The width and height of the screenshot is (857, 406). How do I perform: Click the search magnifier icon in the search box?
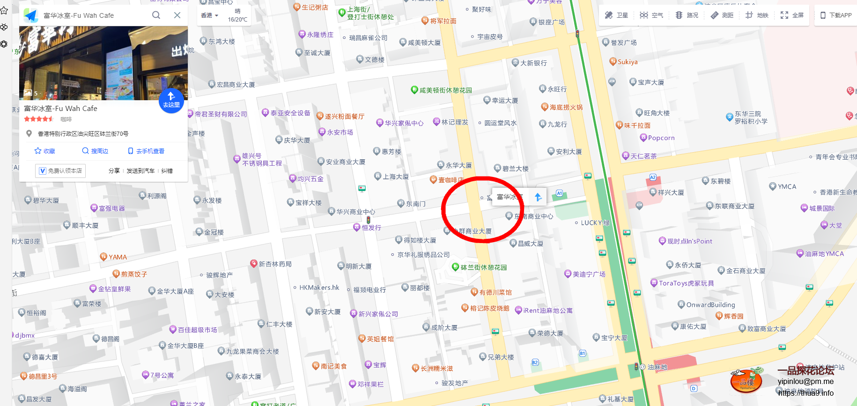(x=156, y=15)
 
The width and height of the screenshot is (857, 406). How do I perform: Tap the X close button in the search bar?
(x=177, y=15)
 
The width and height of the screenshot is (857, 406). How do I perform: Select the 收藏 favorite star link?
(x=45, y=151)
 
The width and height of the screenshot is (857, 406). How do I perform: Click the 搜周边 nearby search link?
(x=95, y=151)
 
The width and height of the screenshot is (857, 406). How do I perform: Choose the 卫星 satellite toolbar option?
(x=616, y=15)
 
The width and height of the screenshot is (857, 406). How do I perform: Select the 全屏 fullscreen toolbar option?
(x=792, y=15)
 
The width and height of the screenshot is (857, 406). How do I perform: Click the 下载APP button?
(x=836, y=15)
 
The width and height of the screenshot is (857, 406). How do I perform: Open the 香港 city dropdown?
(x=209, y=15)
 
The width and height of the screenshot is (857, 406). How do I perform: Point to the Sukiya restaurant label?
(x=627, y=62)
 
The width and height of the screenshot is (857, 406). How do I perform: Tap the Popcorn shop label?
(x=661, y=138)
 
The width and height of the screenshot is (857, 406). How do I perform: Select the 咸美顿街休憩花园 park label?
(x=445, y=90)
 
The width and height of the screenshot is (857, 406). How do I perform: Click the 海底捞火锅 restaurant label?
(x=565, y=107)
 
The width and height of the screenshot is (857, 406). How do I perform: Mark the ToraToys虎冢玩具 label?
(x=686, y=283)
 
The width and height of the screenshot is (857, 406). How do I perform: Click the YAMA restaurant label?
(x=117, y=257)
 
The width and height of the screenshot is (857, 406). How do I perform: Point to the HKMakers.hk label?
(x=319, y=288)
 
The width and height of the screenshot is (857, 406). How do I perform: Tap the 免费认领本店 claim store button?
(x=60, y=170)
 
